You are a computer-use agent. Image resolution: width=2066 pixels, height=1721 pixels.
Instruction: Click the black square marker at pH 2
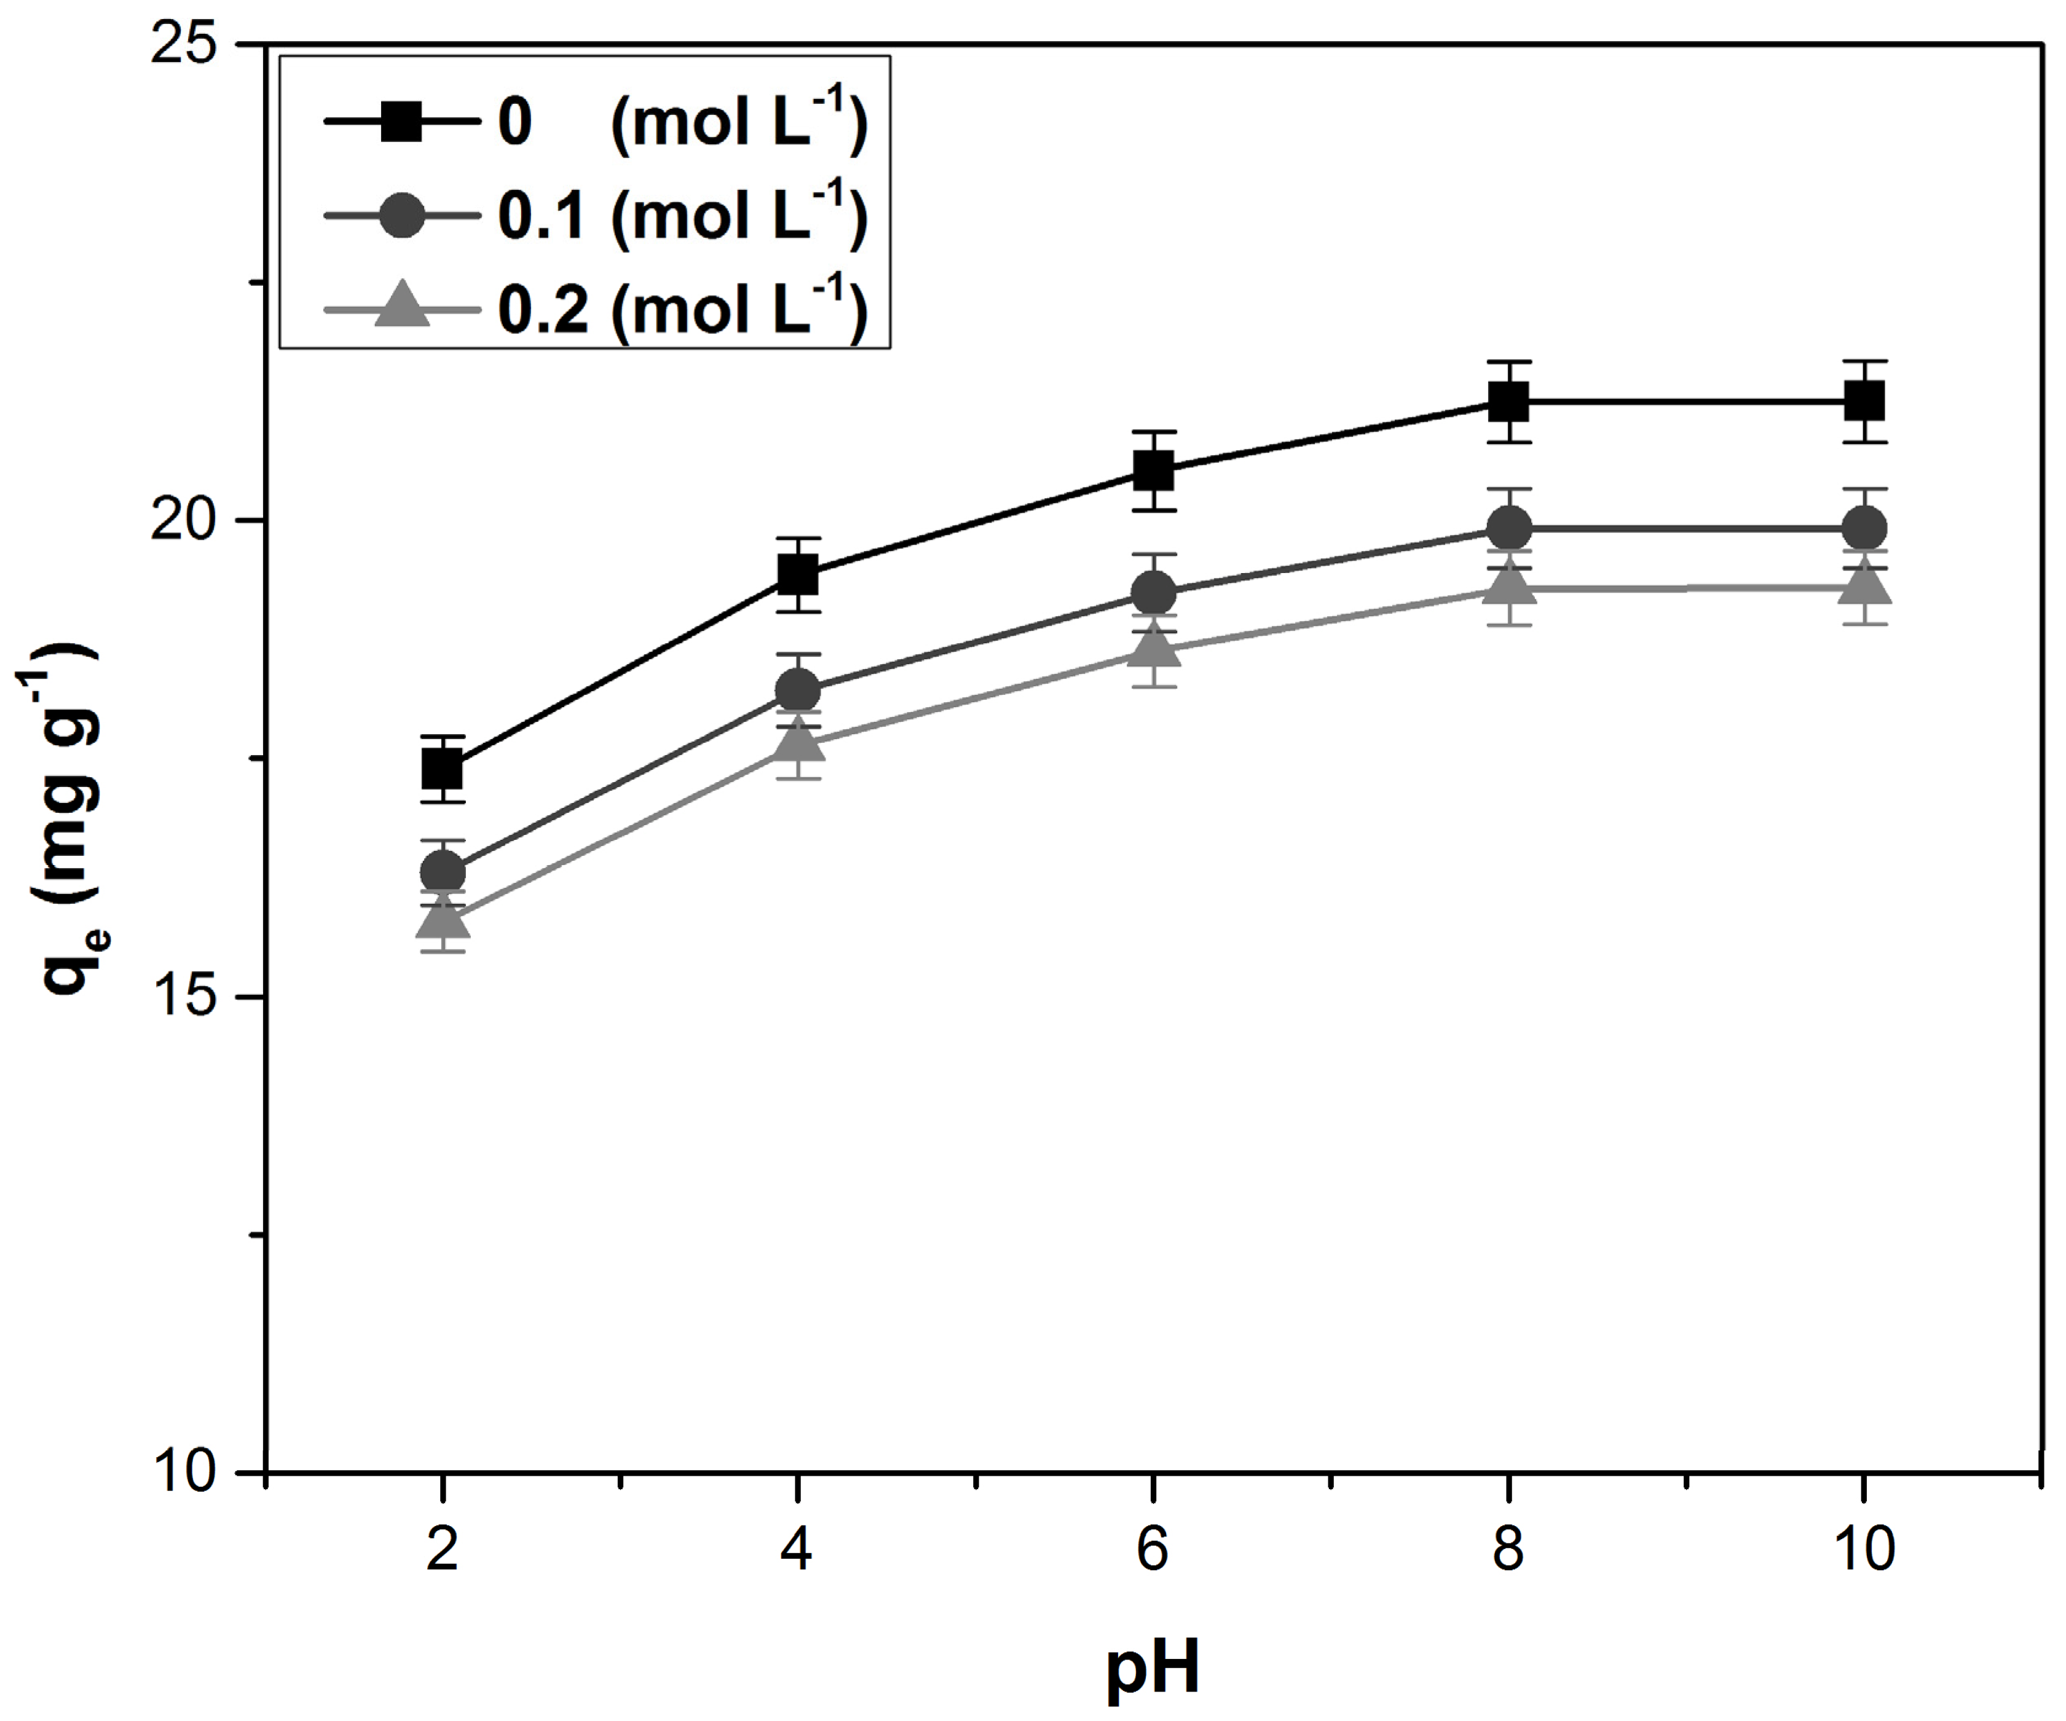click(x=443, y=769)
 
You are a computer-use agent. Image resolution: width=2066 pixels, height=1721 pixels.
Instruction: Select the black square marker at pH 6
click(x=1153, y=470)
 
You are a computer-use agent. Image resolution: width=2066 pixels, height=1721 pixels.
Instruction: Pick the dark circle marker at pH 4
click(x=798, y=690)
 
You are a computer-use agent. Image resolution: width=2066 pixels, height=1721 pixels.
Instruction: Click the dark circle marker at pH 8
click(x=1508, y=528)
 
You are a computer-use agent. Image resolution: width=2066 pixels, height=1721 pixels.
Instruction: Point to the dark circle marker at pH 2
click(x=443, y=872)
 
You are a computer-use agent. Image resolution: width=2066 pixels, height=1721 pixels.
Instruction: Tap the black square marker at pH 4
click(x=798, y=574)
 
